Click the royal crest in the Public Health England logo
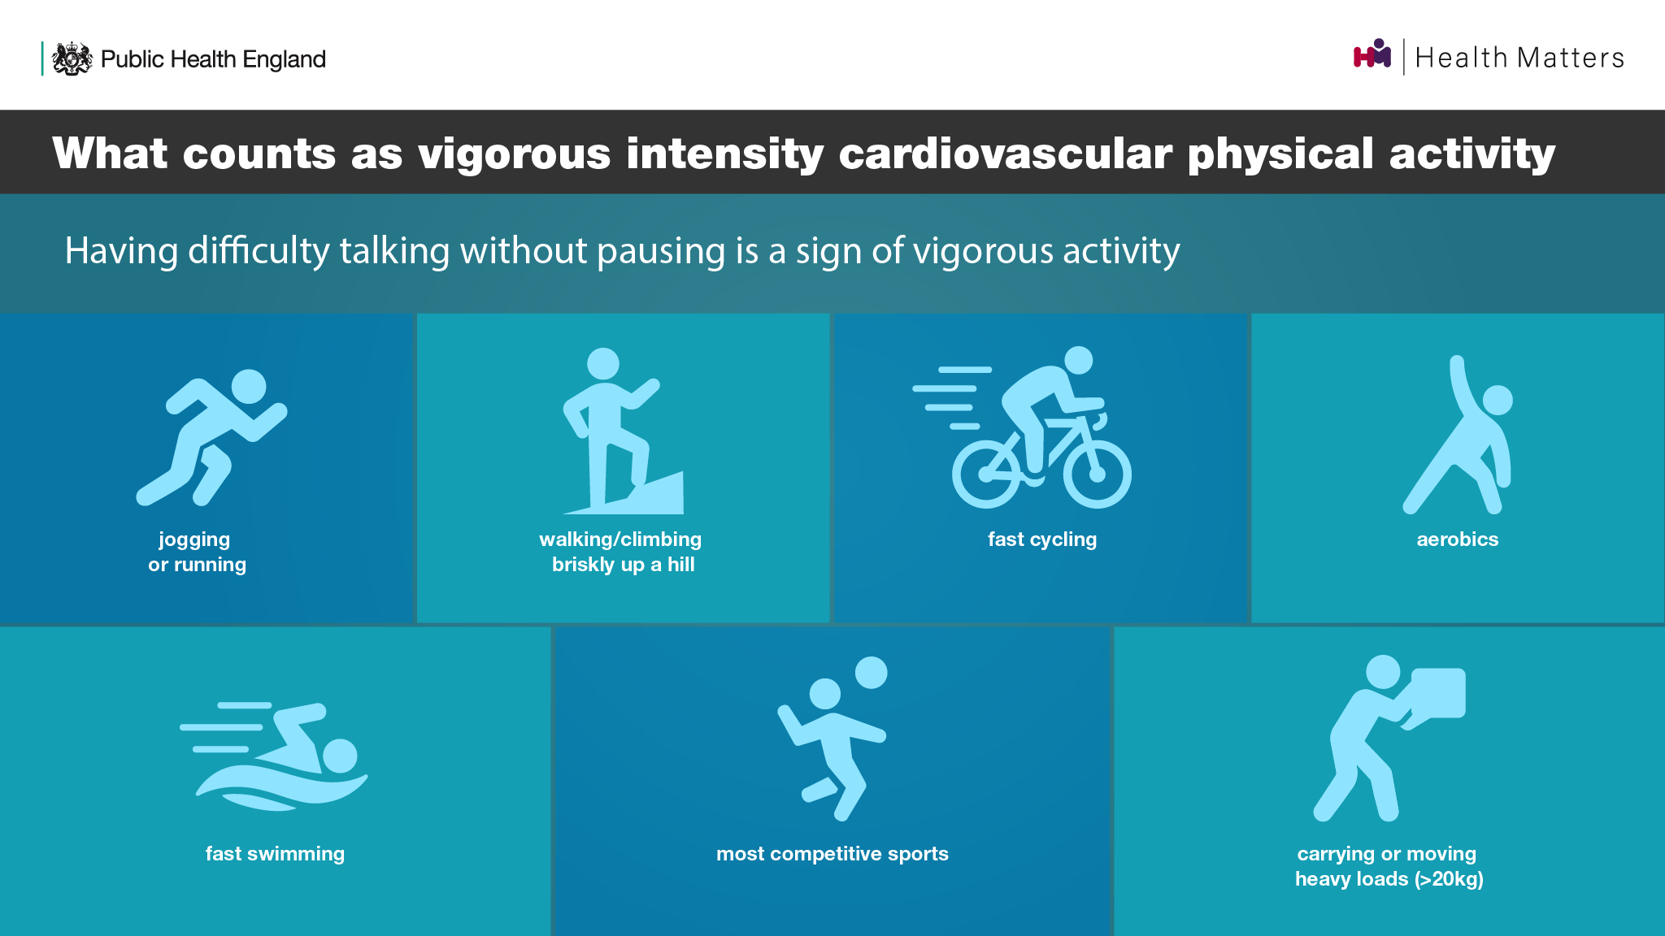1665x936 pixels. [72, 58]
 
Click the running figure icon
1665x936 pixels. [211, 437]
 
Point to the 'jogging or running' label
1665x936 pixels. [197, 552]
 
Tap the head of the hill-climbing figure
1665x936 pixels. [603, 364]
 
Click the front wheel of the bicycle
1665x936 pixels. [1097, 474]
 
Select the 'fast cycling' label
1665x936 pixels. [1042, 539]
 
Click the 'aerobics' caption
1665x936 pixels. [1458, 539]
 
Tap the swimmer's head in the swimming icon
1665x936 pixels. [340, 756]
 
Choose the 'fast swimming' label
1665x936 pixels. [275, 854]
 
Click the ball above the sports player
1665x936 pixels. [871, 673]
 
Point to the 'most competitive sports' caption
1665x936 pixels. [832, 854]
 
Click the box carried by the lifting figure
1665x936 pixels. [1437, 693]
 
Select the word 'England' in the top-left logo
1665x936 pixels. [284, 59]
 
